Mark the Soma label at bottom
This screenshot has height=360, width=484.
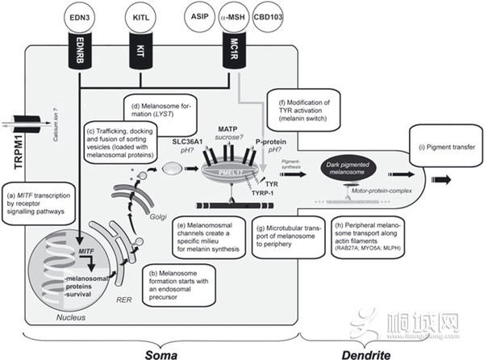161,352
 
